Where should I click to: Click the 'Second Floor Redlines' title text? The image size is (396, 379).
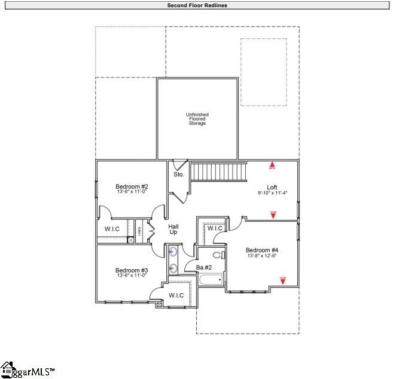pyautogui.click(x=197, y=5)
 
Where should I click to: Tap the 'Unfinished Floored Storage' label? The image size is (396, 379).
pyautogui.click(x=197, y=119)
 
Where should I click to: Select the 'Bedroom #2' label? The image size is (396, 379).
pyautogui.click(x=132, y=187)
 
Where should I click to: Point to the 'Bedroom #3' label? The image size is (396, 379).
pyautogui.click(x=132, y=270)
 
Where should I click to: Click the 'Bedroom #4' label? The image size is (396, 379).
pyautogui.click(x=261, y=250)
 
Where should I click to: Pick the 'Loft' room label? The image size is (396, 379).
pyautogui.click(x=272, y=187)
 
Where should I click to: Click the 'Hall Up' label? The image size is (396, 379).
pyautogui.click(x=173, y=228)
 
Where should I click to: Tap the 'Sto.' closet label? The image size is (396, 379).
pyautogui.click(x=178, y=175)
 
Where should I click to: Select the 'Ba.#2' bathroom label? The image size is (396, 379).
pyautogui.click(x=204, y=267)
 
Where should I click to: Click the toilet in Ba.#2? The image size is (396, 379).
pyautogui.click(x=218, y=255)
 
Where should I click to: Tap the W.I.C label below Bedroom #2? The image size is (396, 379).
pyautogui.click(x=112, y=228)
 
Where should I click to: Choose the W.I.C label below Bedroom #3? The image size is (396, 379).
pyautogui.click(x=176, y=295)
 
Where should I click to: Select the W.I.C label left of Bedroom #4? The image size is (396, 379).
pyautogui.click(x=215, y=228)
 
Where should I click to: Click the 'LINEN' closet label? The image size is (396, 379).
pyautogui.click(x=139, y=230)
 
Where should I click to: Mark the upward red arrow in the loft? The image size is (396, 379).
pyautogui.click(x=272, y=164)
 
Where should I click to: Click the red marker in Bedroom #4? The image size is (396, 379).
pyautogui.click(x=283, y=278)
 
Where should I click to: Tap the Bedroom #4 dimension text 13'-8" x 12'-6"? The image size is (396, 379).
pyautogui.click(x=261, y=256)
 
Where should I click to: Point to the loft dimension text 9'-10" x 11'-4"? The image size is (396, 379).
pyautogui.click(x=272, y=193)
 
